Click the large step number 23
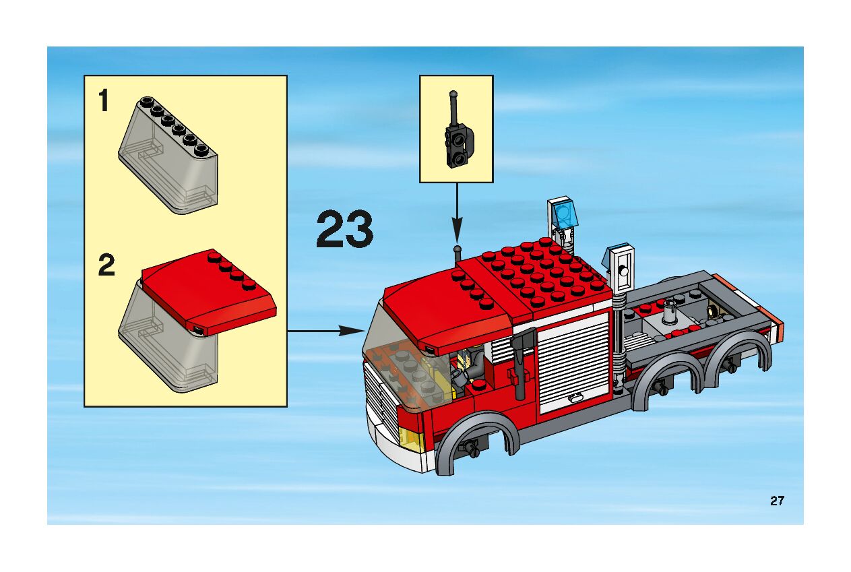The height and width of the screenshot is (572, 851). click(x=344, y=229)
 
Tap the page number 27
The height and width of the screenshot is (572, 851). click(x=778, y=501)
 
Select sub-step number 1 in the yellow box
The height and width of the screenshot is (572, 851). click(x=104, y=100)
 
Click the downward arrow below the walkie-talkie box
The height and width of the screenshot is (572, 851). click(x=457, y=213)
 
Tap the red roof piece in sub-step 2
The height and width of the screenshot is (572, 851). click(x=208, y=292)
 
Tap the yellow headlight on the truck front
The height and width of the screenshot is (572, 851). click(x=411, y=439)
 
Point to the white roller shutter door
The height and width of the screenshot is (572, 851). click(x=573, y=363)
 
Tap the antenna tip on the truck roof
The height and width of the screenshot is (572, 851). click(x=458, y=249)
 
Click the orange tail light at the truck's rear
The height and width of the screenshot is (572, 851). click(x=778, y=332)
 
